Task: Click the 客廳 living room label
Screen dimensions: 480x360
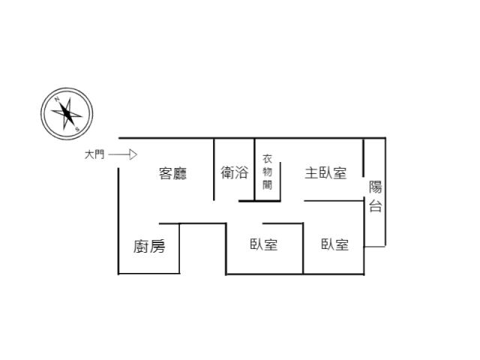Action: coord(172,173)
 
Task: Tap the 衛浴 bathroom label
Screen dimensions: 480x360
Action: coord(235,172)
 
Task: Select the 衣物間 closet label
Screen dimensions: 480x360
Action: coord(267,172)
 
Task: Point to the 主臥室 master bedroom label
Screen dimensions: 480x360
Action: coord(325,173)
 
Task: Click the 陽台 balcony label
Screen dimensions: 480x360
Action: coord(375,196)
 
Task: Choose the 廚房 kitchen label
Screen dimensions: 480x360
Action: coord(149,247)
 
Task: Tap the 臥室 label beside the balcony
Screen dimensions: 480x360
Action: coord(335,244)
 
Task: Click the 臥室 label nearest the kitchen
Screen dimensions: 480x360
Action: coord(263,244)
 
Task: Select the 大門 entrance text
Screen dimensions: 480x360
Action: coord(94,154)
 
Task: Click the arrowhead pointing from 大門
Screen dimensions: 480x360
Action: coord(133,154)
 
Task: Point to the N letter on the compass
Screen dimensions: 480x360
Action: coord(57,99)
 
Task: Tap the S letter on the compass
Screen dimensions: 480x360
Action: coord(77,129)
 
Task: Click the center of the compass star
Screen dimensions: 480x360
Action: coord(67,114)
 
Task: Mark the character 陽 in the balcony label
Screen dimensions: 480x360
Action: coord(375,187)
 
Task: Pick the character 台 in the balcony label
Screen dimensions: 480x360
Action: coord(375,205)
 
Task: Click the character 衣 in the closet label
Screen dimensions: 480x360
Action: coord(267,159)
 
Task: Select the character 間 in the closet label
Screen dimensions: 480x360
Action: coord(267,185)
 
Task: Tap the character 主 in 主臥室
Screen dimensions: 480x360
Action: coord(312,173)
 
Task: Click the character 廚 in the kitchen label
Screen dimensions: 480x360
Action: coord(141,247)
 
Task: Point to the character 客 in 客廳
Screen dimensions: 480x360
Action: coord(166,173)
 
